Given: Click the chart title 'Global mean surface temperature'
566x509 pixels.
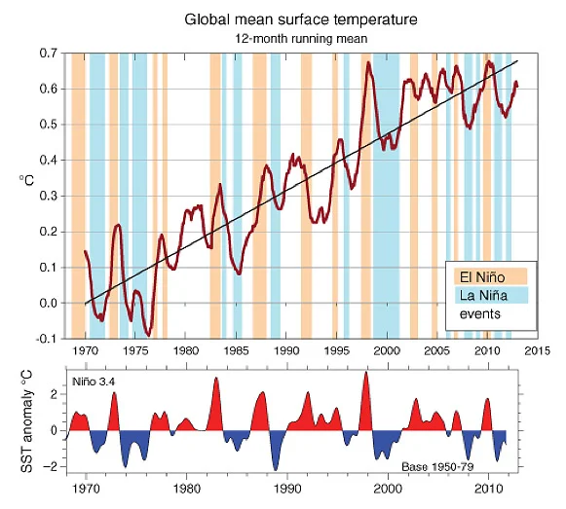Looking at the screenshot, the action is [x=301, y=19].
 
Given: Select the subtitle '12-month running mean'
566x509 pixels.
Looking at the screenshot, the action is [x=301, y=39].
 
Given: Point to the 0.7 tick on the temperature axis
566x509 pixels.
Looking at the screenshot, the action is [x=49, y=54].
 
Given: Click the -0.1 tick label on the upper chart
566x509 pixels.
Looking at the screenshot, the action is [x=47, y=339].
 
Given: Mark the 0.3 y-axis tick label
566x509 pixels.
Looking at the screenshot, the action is [x=49, y=196].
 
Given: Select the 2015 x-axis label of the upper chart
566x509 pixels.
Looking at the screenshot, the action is [x=538, y=351].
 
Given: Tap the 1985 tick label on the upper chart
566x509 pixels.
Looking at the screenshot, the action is [x=235, y=351].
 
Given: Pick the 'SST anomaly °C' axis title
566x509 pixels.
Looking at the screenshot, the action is [x=26, y=421].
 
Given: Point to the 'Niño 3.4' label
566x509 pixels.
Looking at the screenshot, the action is [x=94, y=382].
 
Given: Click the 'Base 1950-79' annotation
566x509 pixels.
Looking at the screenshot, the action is [x=437, y=467].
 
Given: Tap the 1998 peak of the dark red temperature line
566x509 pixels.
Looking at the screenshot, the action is [x=368, y=62].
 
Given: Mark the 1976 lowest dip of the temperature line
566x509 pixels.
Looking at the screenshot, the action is [x=148, y=336].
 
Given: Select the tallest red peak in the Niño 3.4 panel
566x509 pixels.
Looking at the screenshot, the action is [x=366, y=373].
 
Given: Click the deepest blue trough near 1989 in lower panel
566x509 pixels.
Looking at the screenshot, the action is [x=276, y=470].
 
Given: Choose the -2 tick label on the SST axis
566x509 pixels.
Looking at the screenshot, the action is [x=50, y=467].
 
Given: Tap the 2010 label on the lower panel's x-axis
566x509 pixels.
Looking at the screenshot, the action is [x=488, y=490].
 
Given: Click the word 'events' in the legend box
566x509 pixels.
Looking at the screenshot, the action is [x=479, y=313].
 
